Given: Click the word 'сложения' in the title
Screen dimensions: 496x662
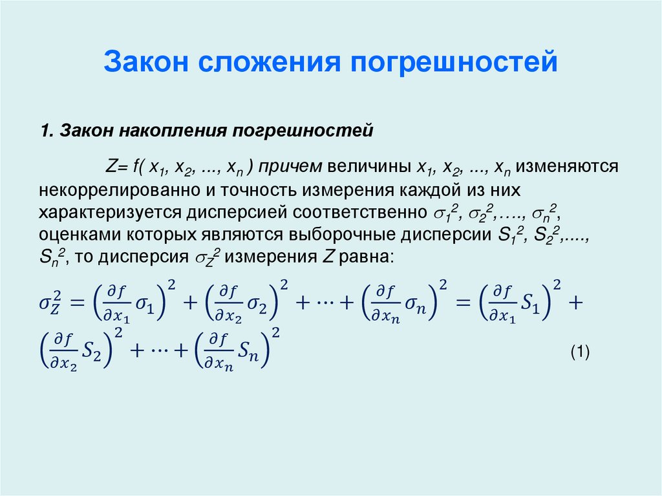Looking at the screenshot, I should click(270, 63).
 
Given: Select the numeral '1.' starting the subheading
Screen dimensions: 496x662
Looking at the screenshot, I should click(47, 131).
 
